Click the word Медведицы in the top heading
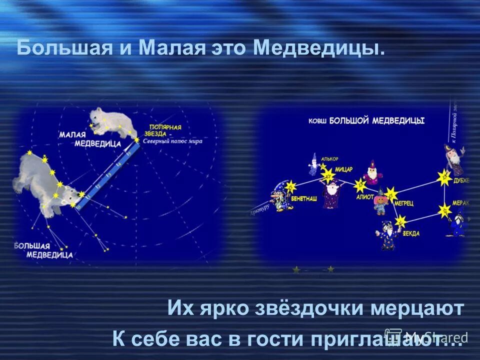pos(319,49)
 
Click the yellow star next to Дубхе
pos(444,176)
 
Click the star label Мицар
pos(344,168)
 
